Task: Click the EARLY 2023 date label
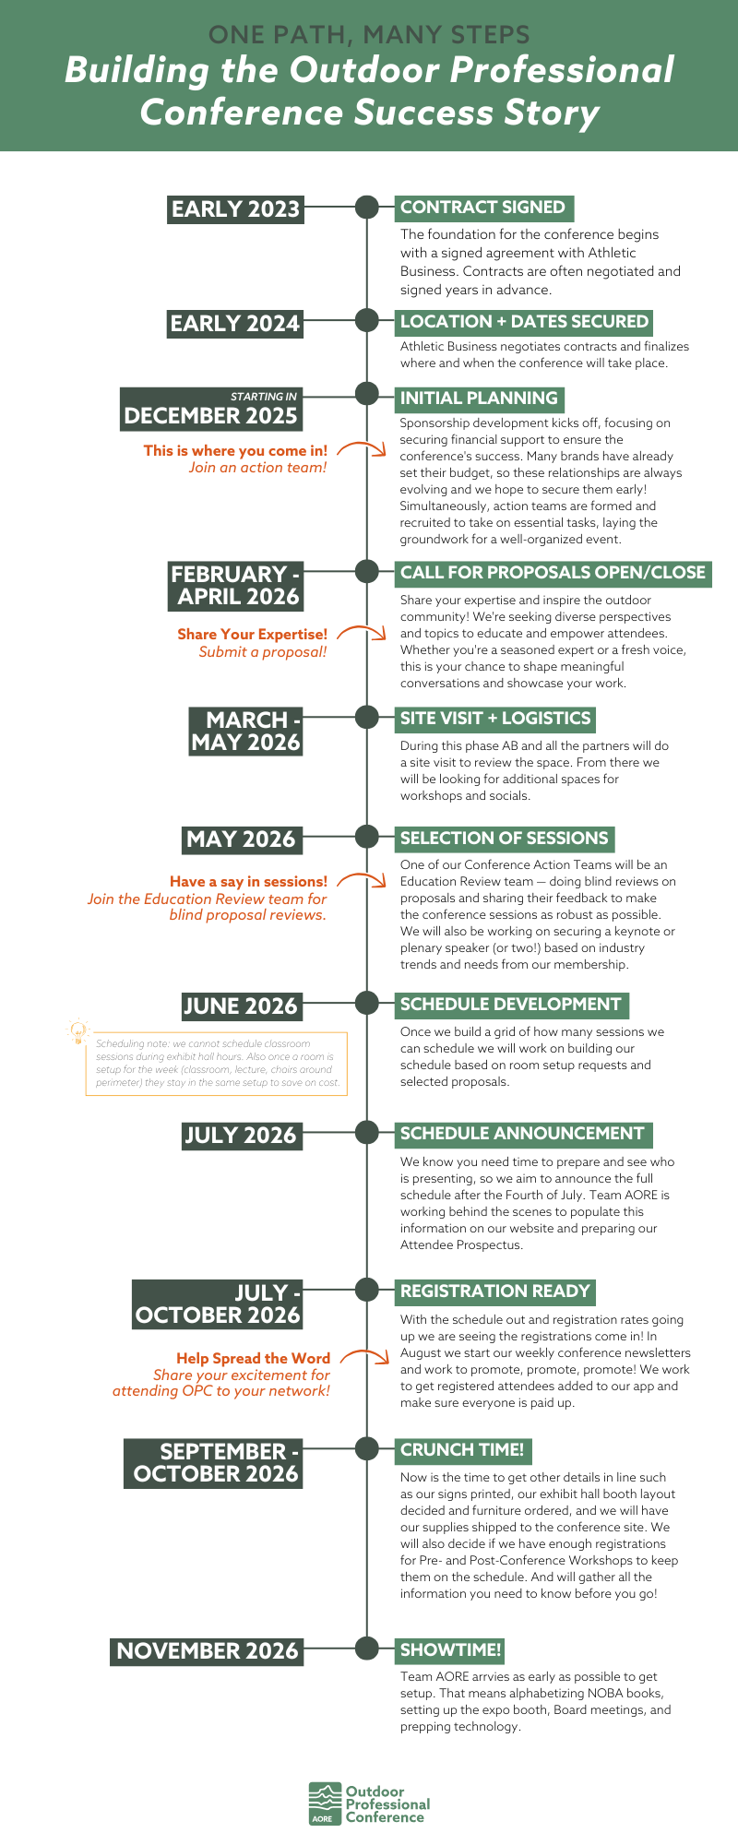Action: point(235,208)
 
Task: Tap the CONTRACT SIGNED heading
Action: point(482,208)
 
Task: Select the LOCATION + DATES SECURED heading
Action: point(524,322)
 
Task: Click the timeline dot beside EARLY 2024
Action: point(367,320)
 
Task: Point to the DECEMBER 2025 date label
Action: point(210,416)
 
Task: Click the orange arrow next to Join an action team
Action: point(362,449)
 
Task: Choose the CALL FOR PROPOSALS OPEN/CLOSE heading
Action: point(553,572)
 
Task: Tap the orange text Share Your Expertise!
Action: point(252,635)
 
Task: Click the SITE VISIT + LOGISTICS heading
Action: point(494,719)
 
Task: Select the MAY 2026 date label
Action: point(241,839)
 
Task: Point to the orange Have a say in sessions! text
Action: point(248,882)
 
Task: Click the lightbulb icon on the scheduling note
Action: point(78,1030)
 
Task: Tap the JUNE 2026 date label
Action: point(241,1006)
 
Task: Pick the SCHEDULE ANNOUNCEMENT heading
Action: point(522,1134)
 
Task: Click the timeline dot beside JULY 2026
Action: point(367,1132)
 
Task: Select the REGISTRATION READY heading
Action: point(494,1291)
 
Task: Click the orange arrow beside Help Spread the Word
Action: point(363,1357)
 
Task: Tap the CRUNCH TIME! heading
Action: point(462,1450)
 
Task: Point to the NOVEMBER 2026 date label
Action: point(208,1651)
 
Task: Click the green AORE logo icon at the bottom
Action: point(324,1803)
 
